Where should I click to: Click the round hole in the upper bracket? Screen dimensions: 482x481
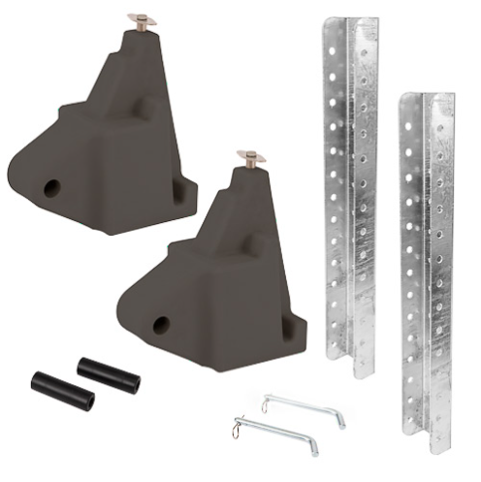pos(51,185)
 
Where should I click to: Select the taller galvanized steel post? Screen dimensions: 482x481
pos(349,194)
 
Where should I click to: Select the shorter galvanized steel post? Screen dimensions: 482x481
pos(427,272)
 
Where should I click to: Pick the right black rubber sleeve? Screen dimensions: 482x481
pos(109,375)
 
